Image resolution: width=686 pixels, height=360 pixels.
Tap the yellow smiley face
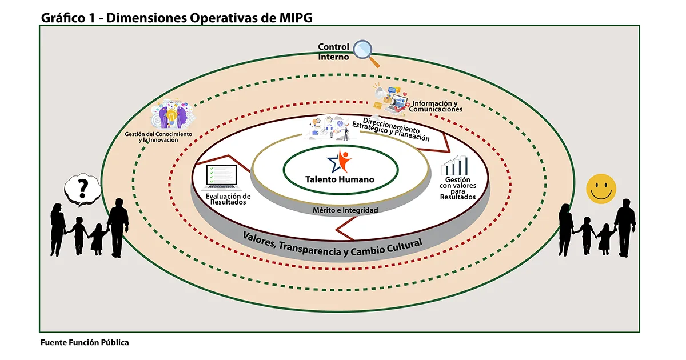(x=601, y=188)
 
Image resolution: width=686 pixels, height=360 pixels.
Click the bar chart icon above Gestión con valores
(x=457, y=166)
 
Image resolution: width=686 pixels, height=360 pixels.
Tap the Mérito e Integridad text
(x=345, y=210)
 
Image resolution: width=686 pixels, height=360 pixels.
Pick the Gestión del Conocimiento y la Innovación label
(x=158, y=137)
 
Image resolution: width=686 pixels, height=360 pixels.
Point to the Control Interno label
(x=333, y=51)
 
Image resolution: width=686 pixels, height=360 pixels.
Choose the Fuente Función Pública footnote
(x=85, y=343)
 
